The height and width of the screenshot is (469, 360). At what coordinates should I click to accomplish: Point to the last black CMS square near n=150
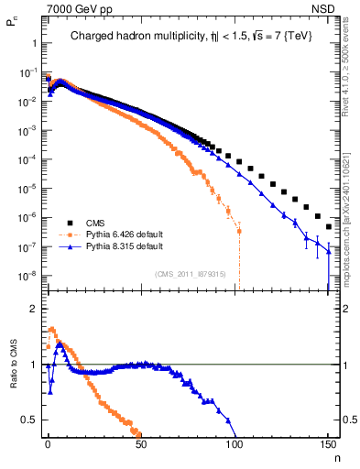pos(328,226)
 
